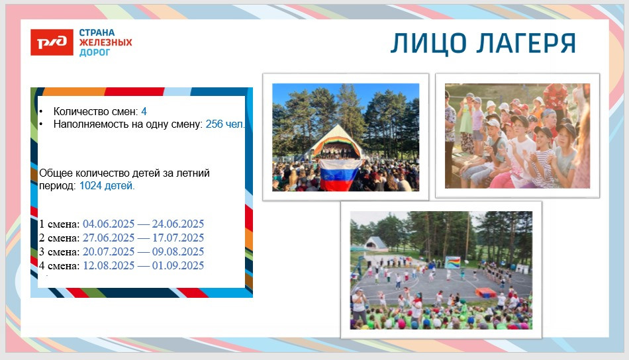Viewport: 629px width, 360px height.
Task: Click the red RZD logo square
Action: click(52, 42)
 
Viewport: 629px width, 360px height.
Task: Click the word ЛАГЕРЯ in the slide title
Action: click(526, 43)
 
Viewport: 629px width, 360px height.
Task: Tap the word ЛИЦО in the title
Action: click(428, 44)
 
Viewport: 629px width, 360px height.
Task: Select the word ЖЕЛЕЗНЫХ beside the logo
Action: click(105, 42)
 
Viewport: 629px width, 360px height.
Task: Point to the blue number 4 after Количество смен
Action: click(144, 111)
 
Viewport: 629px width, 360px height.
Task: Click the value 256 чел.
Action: click(224, 124)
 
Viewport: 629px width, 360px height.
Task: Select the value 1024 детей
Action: click(107, 185)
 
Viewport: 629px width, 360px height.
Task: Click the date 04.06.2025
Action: click(109, 224)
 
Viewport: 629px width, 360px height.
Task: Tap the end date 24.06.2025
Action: click(177, 224)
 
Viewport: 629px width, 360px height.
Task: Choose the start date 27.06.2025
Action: click(109, 238)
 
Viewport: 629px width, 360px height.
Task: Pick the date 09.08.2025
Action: click(177, 251)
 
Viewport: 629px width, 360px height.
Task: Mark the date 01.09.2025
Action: click(177, 265)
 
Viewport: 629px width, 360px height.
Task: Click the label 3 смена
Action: click(60, 251)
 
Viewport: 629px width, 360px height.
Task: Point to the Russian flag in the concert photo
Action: click(340, 175)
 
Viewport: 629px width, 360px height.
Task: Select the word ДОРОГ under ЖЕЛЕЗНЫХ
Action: click(94, 52)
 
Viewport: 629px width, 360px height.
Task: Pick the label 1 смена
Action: click(60, 224)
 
